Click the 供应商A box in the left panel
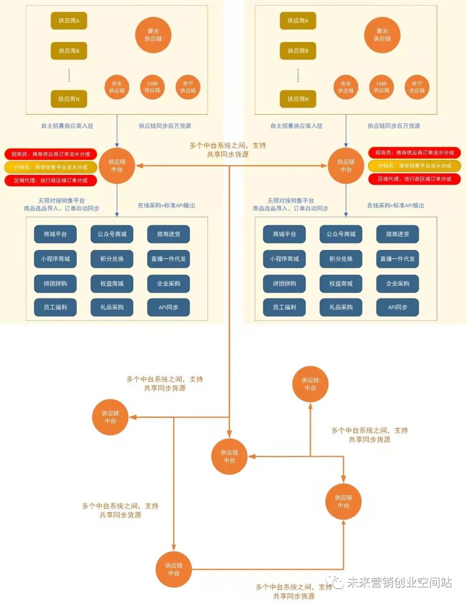(x=69, y=21)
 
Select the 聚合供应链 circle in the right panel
(x=382, y=35)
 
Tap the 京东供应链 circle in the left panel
(x=117, y=87)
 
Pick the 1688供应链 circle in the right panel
(x=381, y=87)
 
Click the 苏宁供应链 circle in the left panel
(x=188, y=87)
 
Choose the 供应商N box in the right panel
(x=298, y=99)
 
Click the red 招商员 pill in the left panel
(x=51, y=154)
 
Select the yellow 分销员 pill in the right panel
(x=414, y=166)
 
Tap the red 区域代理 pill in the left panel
(x=51, y=180)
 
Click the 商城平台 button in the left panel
(x=55, y=234)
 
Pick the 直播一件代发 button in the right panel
(x=397, y=259)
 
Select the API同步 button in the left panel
(x=168, y=307)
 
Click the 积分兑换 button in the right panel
(x=341, y=259)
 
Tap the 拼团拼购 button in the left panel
(x=55, y=283)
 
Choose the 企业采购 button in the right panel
(x=397, y=283)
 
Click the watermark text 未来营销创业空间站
(x=399, y=582)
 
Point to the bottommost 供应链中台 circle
(x=174, y=569)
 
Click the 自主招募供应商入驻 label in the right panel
(x=296, y=126)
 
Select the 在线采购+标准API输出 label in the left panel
(x=166, y=205)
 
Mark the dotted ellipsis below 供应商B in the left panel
(x=69, y=75)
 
